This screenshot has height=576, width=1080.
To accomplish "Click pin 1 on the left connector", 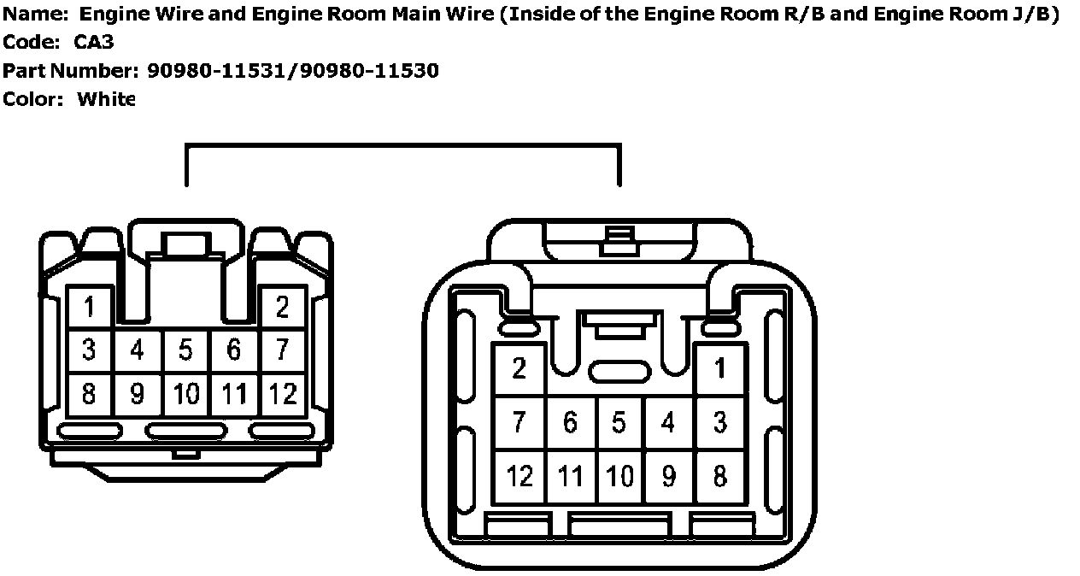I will [89, 307].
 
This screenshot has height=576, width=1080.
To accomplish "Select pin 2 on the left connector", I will [283, 307].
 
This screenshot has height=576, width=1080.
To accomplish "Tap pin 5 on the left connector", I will [185, 350].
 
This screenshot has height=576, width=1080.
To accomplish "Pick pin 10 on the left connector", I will [185, 394].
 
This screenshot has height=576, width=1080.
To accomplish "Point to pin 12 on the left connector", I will [283, 394].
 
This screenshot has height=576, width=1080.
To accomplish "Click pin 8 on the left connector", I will [89, 394].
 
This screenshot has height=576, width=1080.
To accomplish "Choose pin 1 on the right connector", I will [720, 369].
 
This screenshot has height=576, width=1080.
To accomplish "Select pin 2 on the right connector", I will [519, 369].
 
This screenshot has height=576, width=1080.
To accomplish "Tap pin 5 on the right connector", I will [619, 422].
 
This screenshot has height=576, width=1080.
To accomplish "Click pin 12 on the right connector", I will [519, 475].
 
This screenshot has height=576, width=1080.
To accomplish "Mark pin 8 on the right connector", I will [720, 475].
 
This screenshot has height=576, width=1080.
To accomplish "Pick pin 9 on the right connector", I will [669, 475].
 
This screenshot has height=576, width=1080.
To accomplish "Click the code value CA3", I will [94, 42].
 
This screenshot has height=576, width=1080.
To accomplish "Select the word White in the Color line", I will [106, 99].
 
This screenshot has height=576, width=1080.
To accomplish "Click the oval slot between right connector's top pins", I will [619, 372].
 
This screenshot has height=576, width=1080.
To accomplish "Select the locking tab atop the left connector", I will [186, 244].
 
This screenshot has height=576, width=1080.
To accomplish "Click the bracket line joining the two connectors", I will [402, 146].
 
